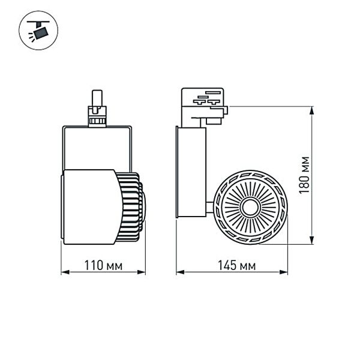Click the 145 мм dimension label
(231, 265)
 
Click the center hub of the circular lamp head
(248, 208)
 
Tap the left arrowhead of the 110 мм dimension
(64, 273)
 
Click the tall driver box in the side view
(191, 171)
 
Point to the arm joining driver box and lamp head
(209, 208)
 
